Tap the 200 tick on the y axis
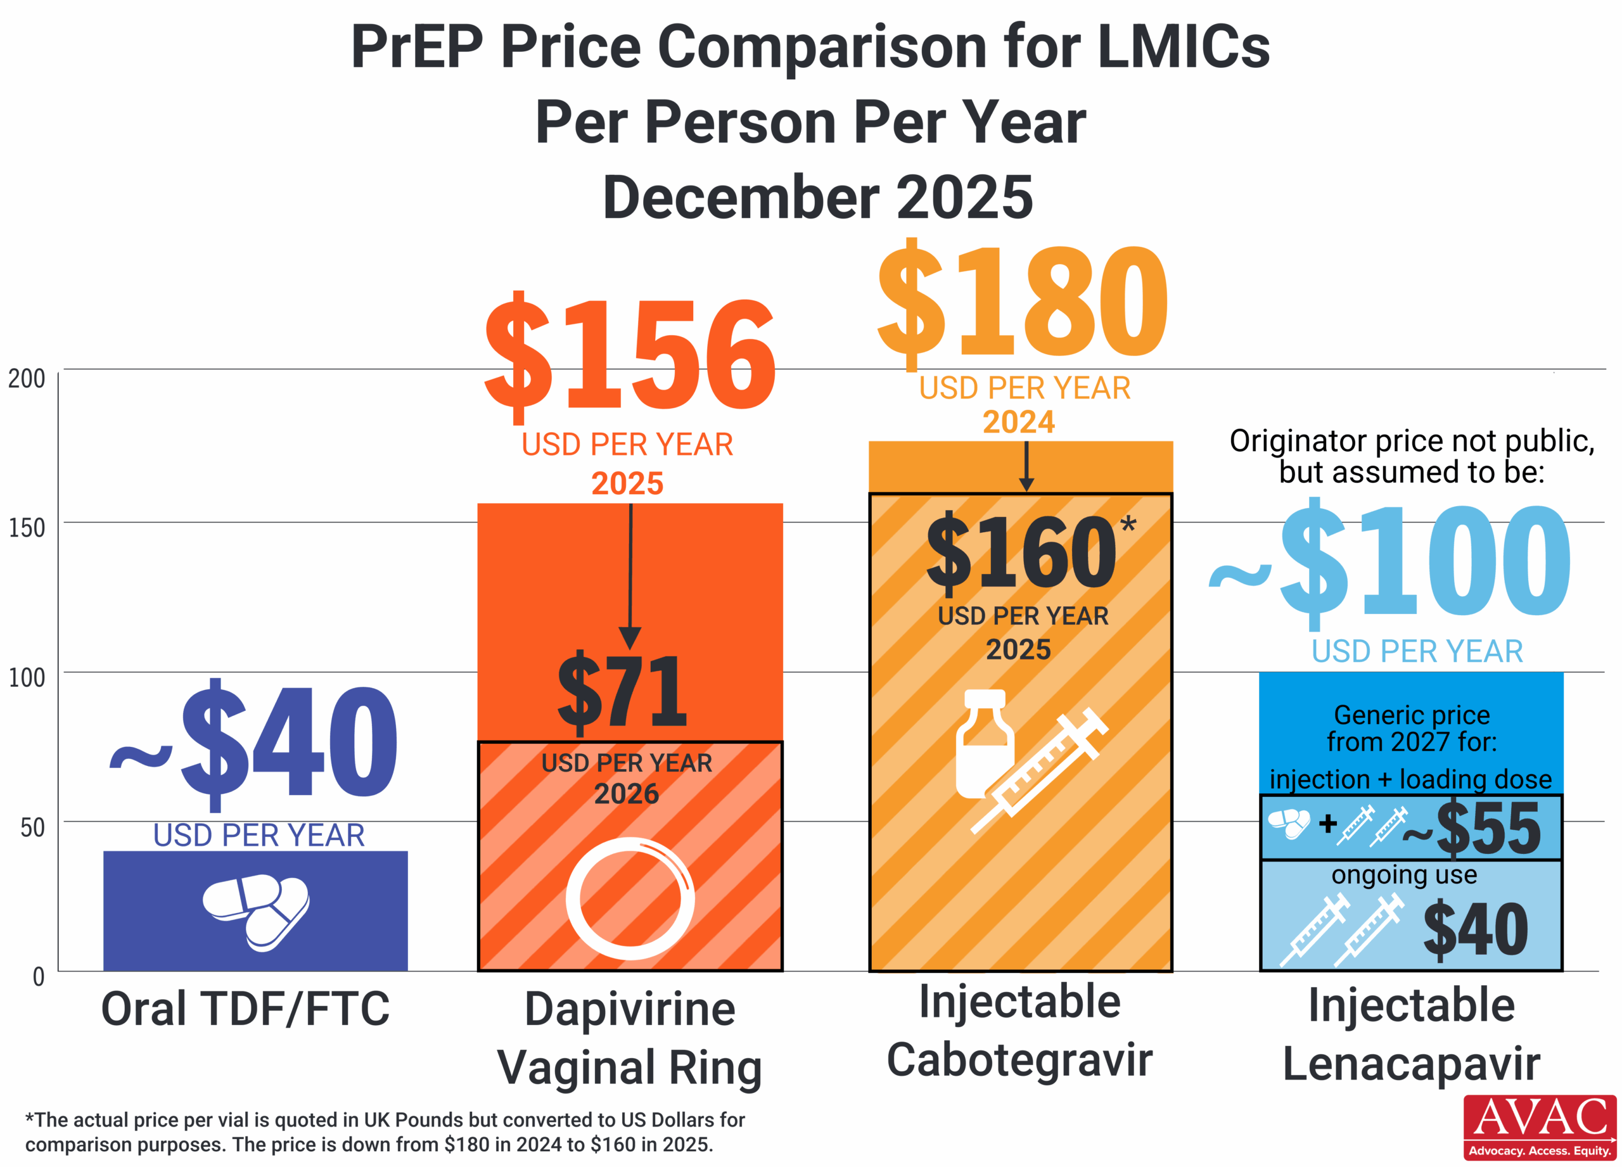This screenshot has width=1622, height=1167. pos(27,378)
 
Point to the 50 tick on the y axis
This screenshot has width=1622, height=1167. pos(32,827)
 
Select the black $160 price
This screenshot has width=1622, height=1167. pos(1021,552)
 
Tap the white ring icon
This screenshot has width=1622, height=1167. pos(629,899)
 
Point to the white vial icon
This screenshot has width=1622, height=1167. pos(984,744)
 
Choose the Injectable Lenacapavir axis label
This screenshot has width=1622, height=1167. pos(1411,1035)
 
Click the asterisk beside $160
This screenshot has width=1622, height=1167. pos(1128,525)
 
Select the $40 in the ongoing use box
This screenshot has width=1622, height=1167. pos(1476,929)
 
